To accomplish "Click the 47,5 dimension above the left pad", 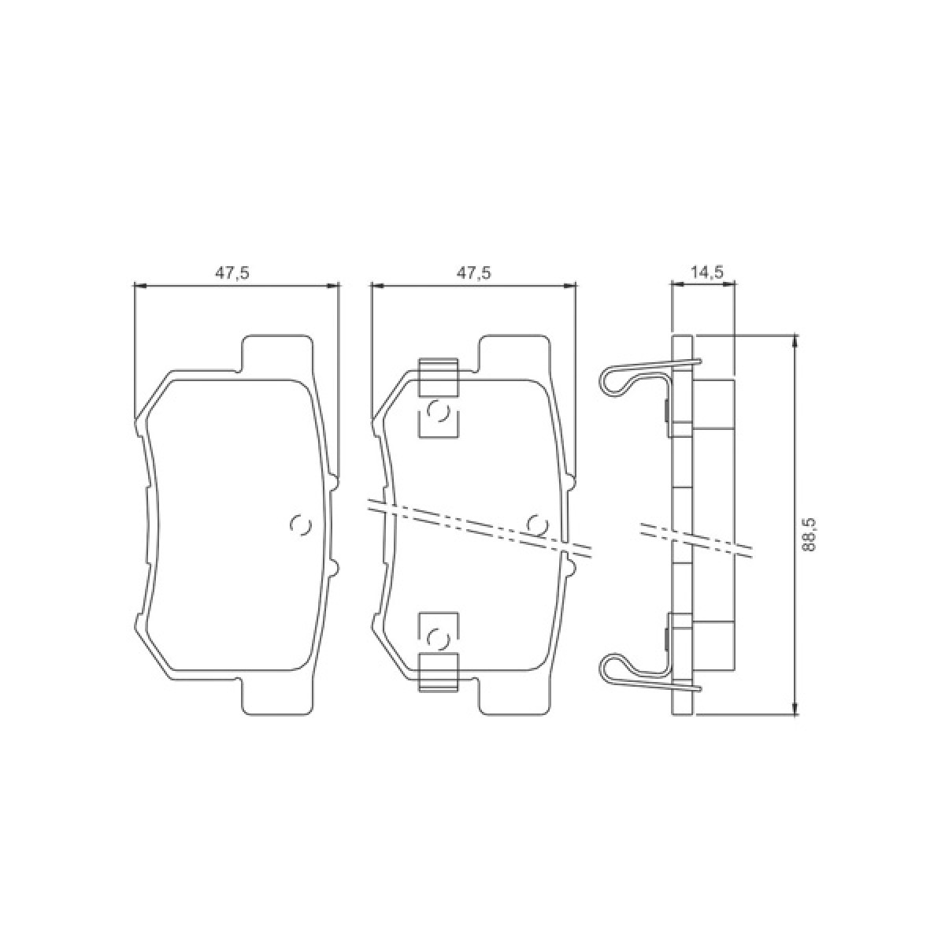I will [232, 272].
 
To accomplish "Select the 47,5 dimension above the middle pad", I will [474, 272].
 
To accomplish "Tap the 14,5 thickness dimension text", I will [706, 272].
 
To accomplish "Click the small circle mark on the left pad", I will [301, 525].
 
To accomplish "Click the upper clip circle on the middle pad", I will [437, 413].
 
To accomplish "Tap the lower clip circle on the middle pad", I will [437, 636].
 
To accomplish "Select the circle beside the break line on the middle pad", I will [537, 524].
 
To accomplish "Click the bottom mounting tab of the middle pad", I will [516, 698].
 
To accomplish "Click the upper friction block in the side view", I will [713, 404].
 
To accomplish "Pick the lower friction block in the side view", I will [713, 644].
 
